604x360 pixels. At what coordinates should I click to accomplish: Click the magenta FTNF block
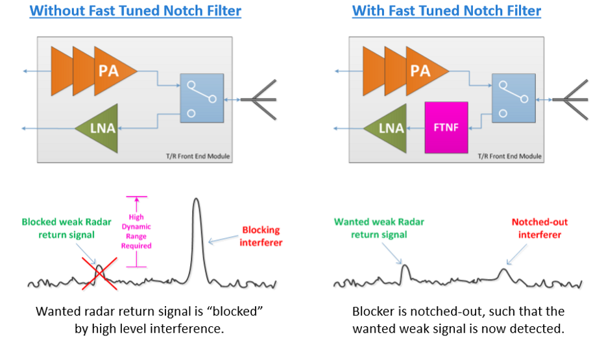[446, 127]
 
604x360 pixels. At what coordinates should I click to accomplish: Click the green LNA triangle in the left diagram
[97, 128]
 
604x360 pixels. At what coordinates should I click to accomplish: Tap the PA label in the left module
[108, 70]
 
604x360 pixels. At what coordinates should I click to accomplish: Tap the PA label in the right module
[420, 70]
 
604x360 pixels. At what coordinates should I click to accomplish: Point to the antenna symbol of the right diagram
[570, 99]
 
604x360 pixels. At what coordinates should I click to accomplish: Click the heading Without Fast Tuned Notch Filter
[136, 11]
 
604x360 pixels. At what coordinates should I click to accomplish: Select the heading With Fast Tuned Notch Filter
[446, 11]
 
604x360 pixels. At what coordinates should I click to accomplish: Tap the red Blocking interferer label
[261, 236]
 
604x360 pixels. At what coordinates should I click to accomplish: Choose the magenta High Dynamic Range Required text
[136, 232]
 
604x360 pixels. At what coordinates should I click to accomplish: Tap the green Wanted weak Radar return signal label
[379, 228]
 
